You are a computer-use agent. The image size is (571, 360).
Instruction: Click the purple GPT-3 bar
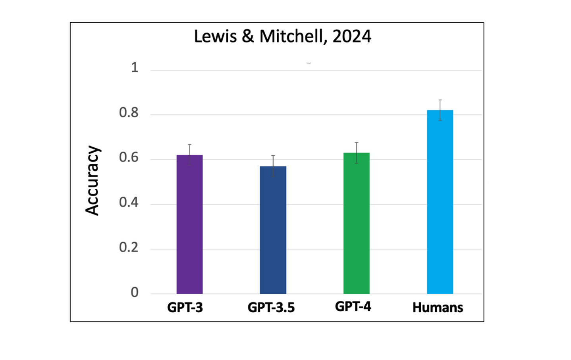coord(189,225)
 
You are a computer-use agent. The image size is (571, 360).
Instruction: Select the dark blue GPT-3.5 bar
coord(273,230)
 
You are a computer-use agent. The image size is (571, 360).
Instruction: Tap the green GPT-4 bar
coord(356,223)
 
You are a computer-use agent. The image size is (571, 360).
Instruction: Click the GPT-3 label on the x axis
coord(185,308)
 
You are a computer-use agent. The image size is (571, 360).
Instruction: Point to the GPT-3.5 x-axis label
coord(271,308)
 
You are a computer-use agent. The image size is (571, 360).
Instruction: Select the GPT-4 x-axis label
coord(353,307)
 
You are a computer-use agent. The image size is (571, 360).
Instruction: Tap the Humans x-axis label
coord(438,308)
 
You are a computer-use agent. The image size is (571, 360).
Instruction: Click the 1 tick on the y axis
coord(135,68)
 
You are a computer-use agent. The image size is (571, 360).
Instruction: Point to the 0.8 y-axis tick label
coord(129,113)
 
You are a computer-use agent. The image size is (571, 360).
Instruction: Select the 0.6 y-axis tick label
coord(129,158)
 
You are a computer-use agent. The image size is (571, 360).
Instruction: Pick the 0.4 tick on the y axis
coord(129,203)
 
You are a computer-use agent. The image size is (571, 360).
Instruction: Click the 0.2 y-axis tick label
coord(129,248)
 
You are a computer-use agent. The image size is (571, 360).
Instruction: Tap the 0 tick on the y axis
coord(135,292)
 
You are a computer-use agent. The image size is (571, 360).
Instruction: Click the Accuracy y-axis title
coord(93,180)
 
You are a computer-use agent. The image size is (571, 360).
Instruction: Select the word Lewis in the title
coord(215,37)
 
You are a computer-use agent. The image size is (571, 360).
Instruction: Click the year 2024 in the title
coord(352,37)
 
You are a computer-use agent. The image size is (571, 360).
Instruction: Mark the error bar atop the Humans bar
coord(440,110)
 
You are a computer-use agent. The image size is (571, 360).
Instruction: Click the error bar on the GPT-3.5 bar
coord(273,166)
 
